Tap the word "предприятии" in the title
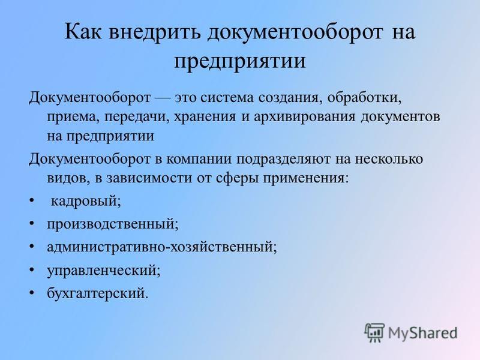coord(239,61)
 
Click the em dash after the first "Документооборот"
coord(163,98)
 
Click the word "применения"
coord(306,178)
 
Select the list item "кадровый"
coord(86,201)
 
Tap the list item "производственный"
coord(112,224)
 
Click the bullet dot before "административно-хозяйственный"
coord(31,247)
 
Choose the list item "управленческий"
coord(103,271)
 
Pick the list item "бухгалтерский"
coord(97,293)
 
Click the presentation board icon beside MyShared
coord(374,332)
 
